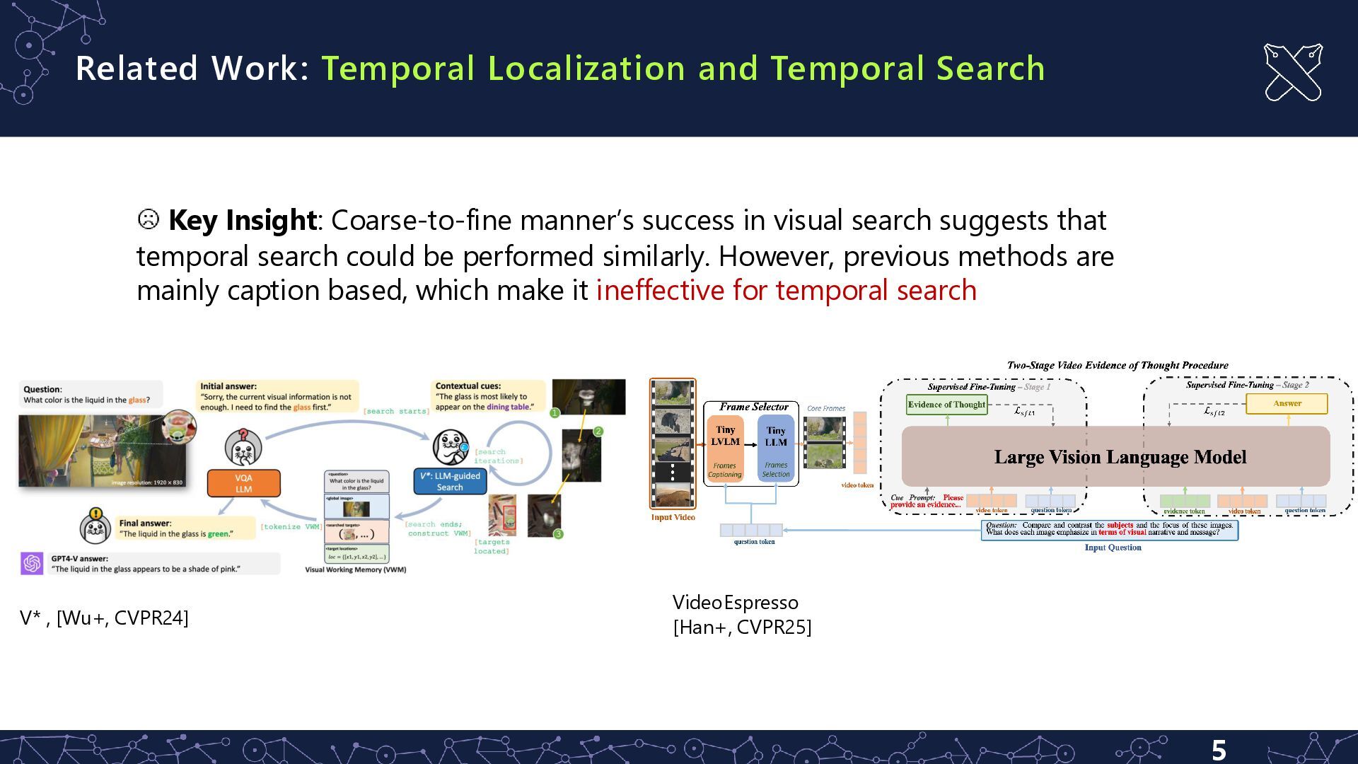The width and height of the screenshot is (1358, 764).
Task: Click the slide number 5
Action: coord(1218,749)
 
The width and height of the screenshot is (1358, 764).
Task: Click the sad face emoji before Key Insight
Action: coord(149,219)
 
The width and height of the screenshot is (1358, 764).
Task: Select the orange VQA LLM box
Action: coord(243,483)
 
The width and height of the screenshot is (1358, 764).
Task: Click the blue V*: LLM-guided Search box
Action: coord(449,482)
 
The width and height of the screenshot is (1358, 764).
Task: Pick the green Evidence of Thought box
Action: coord(946,405)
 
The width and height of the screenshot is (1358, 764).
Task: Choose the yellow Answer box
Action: coord(1287,403)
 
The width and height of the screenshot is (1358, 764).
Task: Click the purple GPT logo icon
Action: coord(32,563)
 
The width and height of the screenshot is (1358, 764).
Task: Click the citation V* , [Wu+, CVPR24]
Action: coord(104,618)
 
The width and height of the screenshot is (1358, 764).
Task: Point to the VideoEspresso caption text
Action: coord(735,603)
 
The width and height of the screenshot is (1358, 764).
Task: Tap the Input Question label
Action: coord(1113,548)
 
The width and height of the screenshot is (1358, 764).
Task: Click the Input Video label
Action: coord(673,518)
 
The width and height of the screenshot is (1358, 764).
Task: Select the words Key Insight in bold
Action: coord(242,221)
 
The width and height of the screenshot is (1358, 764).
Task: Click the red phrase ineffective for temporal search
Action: coord(786,291)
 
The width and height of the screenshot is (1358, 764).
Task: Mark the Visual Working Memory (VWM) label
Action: coord(355,569)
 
